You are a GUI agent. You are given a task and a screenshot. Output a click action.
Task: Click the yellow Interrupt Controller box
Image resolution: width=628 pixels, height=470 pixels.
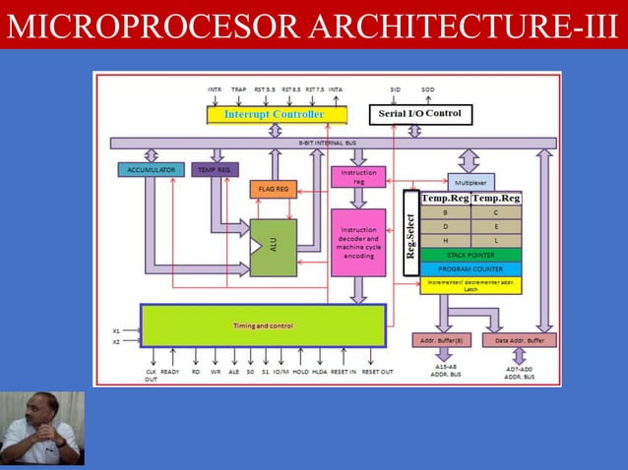tap(277, 115)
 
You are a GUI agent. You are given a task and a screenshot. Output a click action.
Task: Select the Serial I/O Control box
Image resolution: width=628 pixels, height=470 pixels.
tap(419, 114)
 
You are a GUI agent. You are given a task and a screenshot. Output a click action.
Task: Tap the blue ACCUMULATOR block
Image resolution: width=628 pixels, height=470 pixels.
tap(151, 170)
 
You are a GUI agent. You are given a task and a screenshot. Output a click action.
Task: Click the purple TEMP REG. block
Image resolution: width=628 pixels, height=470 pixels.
tap(215, 170)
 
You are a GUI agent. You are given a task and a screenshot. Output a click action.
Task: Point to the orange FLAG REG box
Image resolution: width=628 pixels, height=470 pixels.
tap(274, 188)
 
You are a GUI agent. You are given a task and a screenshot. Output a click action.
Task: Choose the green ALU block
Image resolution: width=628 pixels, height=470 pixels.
tap(273, 247)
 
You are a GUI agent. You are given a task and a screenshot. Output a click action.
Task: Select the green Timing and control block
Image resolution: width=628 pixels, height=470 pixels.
tap(263, 325)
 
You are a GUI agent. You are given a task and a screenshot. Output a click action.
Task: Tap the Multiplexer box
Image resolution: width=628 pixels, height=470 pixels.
tap(472, 182)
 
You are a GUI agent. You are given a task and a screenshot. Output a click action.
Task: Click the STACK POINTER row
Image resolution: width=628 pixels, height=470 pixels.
tap(471, 255)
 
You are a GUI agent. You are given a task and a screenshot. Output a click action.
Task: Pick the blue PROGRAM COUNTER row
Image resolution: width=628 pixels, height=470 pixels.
tap(471, 268)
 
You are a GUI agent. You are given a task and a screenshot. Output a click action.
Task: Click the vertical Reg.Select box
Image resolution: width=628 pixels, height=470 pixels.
tap(411, 232)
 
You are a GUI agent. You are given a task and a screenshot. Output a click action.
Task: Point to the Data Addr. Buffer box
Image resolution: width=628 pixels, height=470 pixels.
tap(519, 340)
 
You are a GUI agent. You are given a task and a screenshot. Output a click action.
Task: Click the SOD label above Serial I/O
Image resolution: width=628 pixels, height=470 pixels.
tap(428, 89)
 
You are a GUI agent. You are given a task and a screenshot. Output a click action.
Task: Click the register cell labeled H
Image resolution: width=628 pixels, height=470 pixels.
tap(445, 241)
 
